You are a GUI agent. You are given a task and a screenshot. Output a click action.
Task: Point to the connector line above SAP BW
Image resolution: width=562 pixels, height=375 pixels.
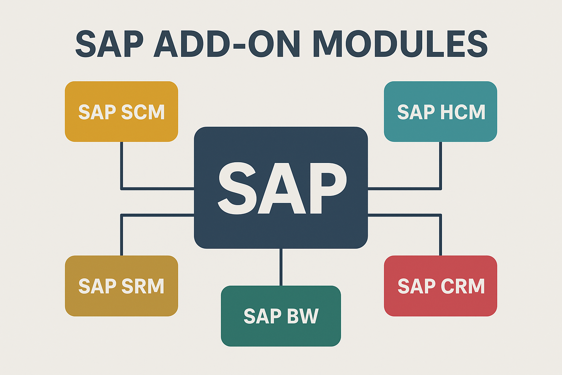281,267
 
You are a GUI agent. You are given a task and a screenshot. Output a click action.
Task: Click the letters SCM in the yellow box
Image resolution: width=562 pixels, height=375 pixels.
143,112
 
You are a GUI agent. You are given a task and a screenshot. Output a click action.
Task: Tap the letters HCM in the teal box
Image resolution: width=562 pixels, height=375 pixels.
462,112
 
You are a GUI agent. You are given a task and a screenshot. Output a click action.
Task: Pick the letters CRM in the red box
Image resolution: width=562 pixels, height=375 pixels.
462,286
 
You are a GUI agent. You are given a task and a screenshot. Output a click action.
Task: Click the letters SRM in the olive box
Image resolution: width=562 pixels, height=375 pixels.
143,286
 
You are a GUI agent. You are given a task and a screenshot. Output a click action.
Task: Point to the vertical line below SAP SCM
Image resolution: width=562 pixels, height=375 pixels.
121,165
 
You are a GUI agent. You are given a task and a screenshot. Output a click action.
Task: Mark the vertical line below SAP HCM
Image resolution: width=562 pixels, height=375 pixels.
441,165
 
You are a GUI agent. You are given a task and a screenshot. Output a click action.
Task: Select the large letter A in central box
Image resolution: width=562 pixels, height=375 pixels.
282,188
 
